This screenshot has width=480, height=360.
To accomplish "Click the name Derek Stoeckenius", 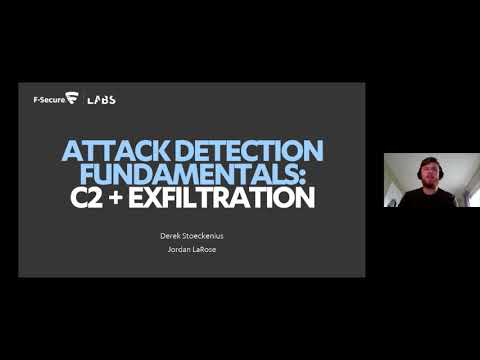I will pyautogui.click(x=191, y=236).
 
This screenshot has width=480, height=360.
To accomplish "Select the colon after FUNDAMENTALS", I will pyautogui.click(x=311, y=176).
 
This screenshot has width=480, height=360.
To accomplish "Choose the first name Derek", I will pyautogui.click(x=169, y=236).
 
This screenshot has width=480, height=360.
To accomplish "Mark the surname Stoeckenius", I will pyautogui.click(x=202, y=236).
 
